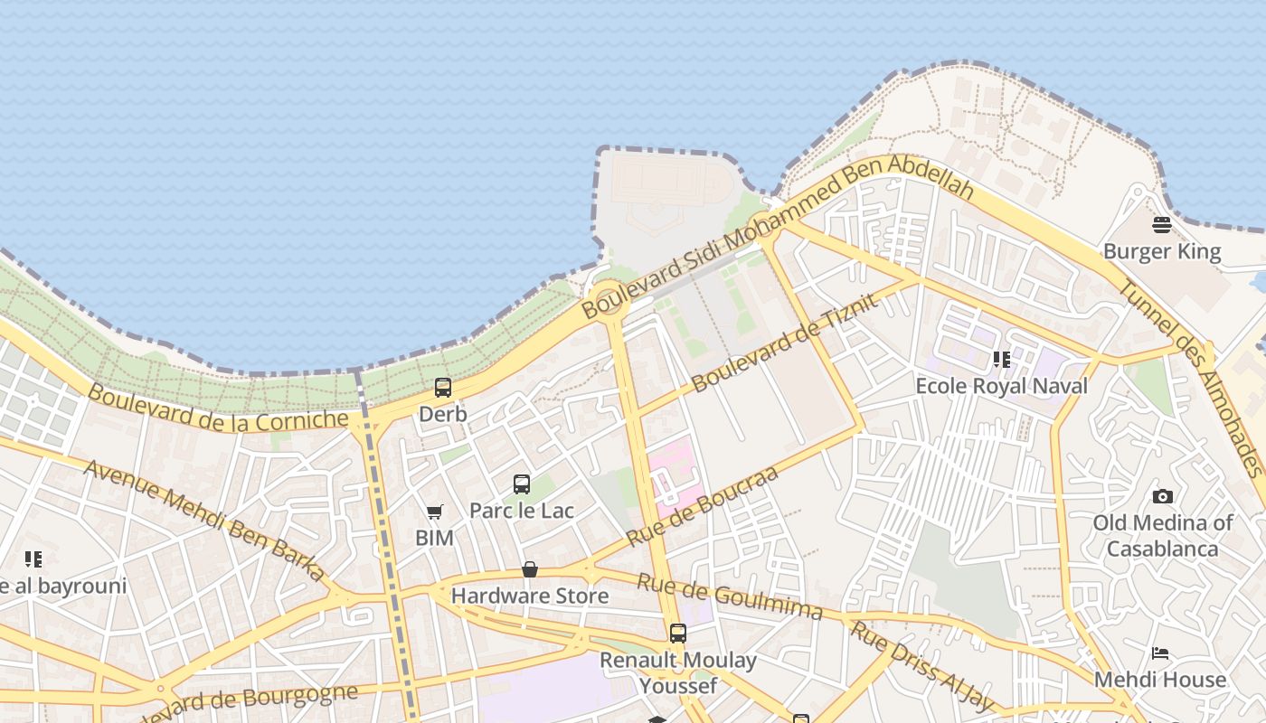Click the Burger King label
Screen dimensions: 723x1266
click(1162, 251)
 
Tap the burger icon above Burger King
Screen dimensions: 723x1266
click(1162, 224)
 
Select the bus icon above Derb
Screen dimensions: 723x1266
click(442, 388)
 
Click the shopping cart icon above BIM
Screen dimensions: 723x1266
click(434, 512)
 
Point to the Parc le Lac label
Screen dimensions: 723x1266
click(521, 511)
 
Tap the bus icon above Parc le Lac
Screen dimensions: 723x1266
click(521, 484)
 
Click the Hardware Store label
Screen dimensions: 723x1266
click(530, 596)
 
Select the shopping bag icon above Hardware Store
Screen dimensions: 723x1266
click(530, 569)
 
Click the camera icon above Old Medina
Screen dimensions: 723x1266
click(1163, 496)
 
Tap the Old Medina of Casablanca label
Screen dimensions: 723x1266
click(1162, 536)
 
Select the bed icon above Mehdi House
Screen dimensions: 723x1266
click(1161, 653)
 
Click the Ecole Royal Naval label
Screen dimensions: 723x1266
click(1001, 386)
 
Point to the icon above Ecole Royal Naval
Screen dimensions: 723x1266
click(1001, 360)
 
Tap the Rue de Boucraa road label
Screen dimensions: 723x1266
click(702, 506)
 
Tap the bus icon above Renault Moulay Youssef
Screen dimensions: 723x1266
click(677, 634)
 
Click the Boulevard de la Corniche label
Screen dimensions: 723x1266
click(218, 408)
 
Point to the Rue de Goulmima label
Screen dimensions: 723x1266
click(730, 596)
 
